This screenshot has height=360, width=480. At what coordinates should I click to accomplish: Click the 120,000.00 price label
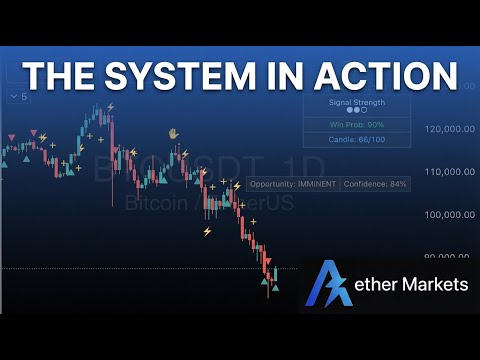tap(449, 129)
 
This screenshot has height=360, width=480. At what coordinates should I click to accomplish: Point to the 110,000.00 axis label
tap(449, 172)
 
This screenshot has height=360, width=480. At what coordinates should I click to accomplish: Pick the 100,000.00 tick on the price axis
tap(449, 215)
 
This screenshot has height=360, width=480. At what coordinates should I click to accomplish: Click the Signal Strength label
tap(356, 102)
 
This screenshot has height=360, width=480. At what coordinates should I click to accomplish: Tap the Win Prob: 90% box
tap(356, 125)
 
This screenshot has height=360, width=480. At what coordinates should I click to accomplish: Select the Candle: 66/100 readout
tap(356, 141)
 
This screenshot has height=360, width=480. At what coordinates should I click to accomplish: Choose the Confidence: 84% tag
tap(375, 185)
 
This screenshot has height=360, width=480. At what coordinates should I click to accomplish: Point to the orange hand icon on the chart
tap(172, 132)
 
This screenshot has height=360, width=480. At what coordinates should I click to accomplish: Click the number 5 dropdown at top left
tap(19, 97)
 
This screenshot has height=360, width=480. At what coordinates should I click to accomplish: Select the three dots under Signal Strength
tap(356, 112)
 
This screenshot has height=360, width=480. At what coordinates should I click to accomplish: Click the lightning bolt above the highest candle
tap(110, 106)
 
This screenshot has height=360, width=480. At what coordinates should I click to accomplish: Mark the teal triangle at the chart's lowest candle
tap(276, 286)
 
